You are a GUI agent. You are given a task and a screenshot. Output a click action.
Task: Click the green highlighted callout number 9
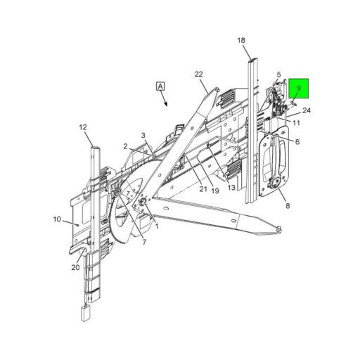298,89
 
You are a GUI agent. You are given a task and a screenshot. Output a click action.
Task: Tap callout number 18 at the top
241,41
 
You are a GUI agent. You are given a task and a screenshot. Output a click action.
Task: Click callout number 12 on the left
82,127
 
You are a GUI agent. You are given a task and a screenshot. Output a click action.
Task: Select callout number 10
57,219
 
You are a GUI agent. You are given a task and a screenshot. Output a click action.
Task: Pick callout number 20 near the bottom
75,266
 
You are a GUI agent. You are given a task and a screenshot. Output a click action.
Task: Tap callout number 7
144,243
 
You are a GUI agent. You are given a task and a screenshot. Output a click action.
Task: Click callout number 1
156,226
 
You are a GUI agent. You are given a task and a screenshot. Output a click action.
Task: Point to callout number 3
143,135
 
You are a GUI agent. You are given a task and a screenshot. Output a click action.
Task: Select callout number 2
127,146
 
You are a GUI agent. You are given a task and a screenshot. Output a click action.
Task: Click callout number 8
287,205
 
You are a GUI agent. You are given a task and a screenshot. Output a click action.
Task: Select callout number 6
297,142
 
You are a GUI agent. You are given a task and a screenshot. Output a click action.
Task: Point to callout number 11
297,123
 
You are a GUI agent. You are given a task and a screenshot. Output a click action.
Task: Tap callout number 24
307,110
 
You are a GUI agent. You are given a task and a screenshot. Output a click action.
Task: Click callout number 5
278,75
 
